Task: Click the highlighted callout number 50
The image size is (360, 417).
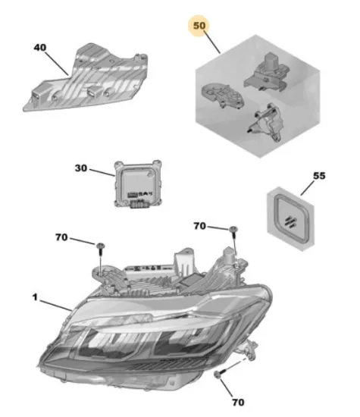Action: [x=199, y=26]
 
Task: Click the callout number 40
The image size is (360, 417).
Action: [x=40, y=48]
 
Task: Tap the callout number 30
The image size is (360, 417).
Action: [x=81, y=168]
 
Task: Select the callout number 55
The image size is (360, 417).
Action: [x=319, y=176]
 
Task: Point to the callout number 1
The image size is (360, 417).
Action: [x=35, y=297]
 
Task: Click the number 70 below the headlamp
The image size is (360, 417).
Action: [x=238, y=403]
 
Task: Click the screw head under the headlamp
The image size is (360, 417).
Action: [x=218, y=375]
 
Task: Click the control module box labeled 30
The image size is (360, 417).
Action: [x=138, y=183]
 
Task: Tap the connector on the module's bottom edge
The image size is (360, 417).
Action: [x=138, y=204]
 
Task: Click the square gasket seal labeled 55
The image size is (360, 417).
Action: [x=291, y=218]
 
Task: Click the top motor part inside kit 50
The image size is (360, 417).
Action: [x=267, y=73]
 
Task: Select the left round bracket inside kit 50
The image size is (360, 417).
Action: [x=222, y=96]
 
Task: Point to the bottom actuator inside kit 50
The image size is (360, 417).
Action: [x=266, y=123]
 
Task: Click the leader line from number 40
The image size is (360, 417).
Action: [x=57, y=63]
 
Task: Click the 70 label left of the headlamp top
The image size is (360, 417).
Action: [x=61, y=237]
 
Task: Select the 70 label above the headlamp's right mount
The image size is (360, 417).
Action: [x=200, y=226]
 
